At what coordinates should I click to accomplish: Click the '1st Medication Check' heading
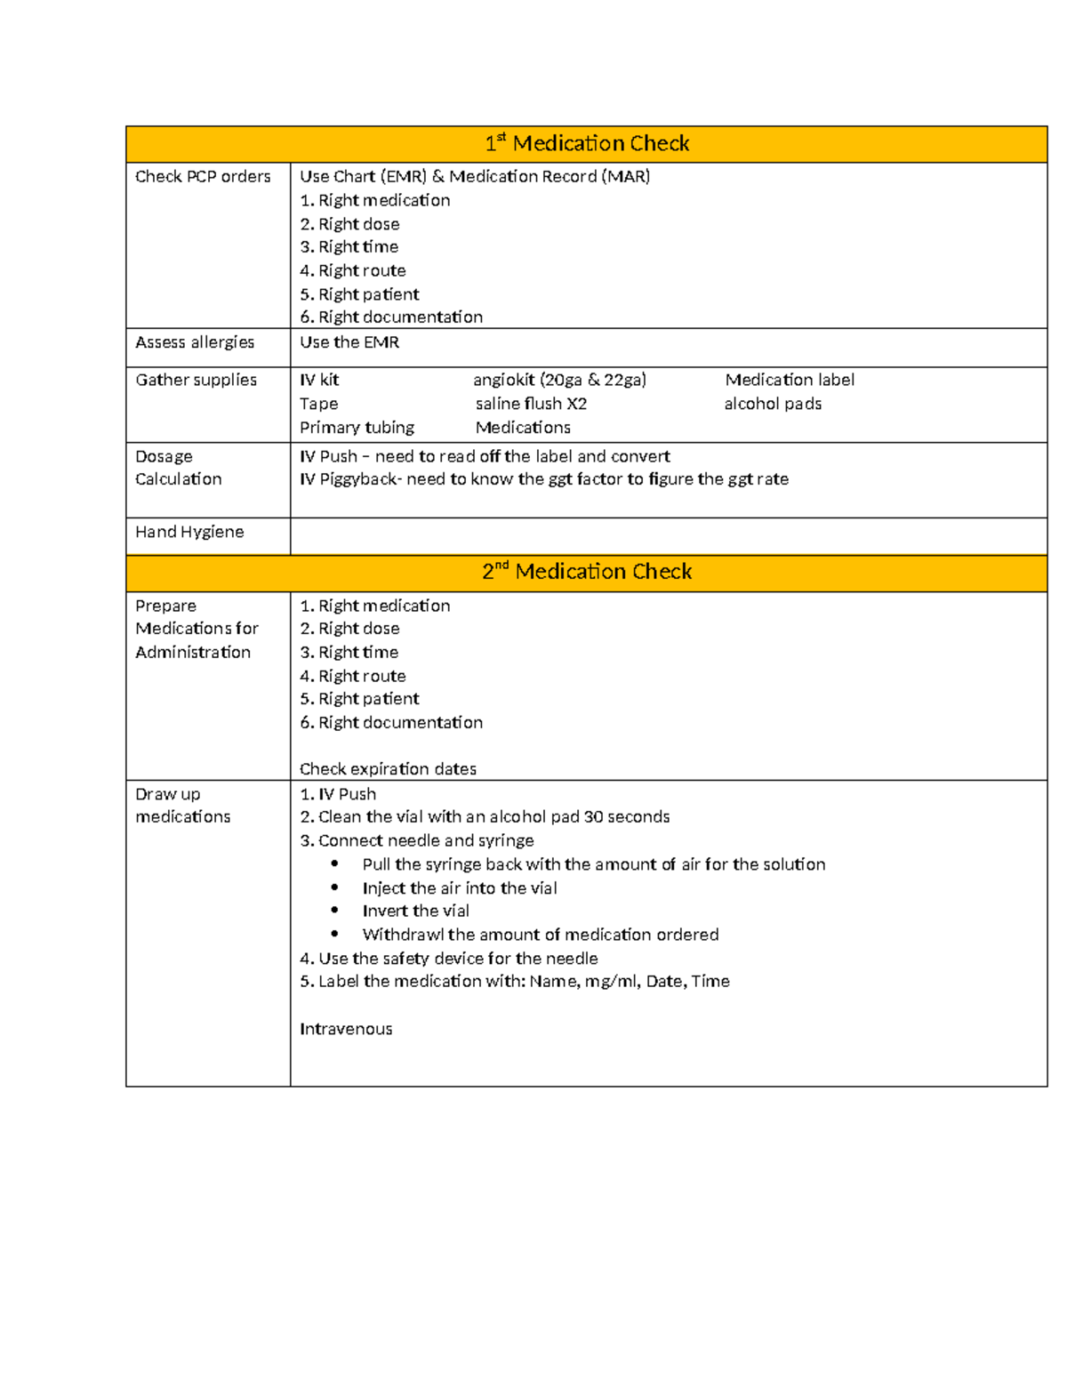587,144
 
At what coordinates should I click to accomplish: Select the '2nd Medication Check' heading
587,572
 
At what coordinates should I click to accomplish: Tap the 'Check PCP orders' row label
203,177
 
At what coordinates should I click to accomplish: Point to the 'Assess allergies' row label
195,342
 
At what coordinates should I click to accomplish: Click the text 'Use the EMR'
349,342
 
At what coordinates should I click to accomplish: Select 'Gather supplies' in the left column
196,380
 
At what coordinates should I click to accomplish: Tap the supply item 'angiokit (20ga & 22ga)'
559,380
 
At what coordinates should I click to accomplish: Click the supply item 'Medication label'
790,380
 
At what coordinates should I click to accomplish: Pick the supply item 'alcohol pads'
773,404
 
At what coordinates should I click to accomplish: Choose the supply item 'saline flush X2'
531,404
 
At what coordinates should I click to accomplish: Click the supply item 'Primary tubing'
357,428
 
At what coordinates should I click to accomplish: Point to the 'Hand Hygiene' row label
189,532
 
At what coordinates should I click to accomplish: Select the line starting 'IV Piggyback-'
543,479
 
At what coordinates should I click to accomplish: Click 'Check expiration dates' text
388,769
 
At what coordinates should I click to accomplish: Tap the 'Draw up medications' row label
182,806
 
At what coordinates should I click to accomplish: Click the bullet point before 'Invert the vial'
334,911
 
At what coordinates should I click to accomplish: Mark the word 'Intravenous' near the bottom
346,1029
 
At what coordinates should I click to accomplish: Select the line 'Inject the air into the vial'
460,888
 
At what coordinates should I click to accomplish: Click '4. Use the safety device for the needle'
449,959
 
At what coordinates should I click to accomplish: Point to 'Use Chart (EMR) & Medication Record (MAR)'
475,177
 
